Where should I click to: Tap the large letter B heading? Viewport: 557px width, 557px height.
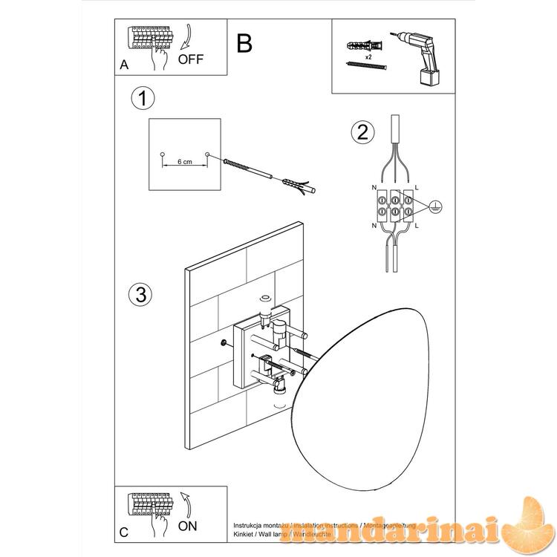(244, 44)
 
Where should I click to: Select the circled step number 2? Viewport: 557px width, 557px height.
(362, 132)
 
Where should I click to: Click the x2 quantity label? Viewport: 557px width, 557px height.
(368, 56)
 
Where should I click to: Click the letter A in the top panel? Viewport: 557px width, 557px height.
(124, 65)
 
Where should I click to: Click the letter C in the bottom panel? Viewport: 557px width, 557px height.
(124, 532)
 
